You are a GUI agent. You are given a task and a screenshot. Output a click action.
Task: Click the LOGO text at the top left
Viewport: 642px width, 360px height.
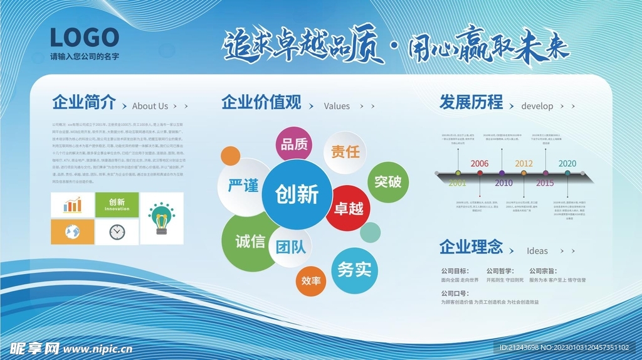pos(84,38)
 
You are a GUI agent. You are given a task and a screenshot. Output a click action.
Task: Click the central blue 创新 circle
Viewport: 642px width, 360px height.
pos(297,194)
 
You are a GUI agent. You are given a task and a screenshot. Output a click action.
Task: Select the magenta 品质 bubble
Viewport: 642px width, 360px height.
pos(294,144)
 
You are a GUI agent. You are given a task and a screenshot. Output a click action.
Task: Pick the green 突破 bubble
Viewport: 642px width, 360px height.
pos(387,182)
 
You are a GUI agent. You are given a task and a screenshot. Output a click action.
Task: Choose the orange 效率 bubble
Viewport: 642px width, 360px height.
pos(311,280)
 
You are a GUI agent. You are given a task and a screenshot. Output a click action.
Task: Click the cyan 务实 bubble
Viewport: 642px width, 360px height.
pos(354,270)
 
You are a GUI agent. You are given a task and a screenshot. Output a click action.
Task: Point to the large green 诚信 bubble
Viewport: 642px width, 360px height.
pos(250,241)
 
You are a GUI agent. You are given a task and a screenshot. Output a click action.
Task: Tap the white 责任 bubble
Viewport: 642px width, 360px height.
pos(345,152)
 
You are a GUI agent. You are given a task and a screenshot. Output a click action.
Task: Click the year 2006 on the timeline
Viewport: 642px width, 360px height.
pos(480,164)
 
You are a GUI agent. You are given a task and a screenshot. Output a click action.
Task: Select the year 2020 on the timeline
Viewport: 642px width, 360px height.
pos(567,164)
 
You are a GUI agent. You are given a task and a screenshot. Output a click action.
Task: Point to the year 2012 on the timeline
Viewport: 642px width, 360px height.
pos(524,164)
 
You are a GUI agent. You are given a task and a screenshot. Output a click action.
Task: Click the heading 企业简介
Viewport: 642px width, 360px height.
pos(84,103)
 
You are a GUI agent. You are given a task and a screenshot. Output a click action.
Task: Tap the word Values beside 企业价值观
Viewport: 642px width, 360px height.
pos(337,106)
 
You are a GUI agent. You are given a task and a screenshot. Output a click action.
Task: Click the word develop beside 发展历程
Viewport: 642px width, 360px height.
pos(537,106)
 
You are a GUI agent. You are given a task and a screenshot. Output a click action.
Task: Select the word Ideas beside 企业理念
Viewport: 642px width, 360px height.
pos(537,251)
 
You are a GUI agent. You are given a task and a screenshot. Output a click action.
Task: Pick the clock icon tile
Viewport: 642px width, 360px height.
pos(117,232)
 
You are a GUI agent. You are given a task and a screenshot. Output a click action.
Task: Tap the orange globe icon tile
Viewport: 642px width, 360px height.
pos(73,232)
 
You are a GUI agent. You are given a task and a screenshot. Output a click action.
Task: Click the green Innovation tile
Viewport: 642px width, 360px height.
pos(117,205)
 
